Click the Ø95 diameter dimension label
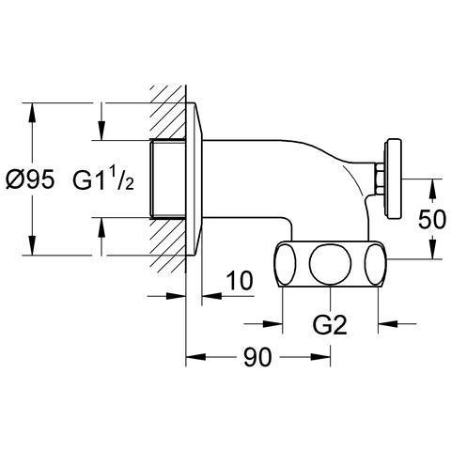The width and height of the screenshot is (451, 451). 30,179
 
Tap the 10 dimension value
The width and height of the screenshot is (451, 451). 240,281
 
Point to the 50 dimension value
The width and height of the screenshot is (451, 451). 431,219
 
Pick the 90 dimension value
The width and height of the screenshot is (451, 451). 257,357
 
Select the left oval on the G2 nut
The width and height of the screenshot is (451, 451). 286,264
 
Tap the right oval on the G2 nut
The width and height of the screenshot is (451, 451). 375,264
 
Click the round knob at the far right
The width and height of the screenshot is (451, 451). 394,179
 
